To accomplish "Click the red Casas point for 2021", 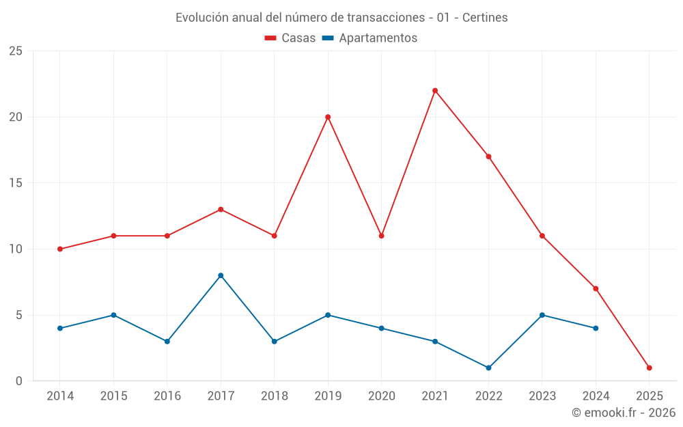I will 435,91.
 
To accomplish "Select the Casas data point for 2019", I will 328,117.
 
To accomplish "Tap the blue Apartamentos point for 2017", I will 221,275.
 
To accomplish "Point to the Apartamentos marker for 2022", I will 488,368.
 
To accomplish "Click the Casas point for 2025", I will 649,368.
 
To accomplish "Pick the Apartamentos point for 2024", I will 596,328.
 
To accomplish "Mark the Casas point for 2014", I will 60,249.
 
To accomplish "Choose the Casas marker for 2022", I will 488,156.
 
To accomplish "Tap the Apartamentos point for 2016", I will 167,341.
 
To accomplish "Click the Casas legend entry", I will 290,38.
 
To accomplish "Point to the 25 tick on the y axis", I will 15,51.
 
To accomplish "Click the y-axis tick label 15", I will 15,183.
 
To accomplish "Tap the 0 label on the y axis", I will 18,381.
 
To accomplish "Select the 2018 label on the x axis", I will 275,396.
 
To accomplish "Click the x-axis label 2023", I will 542,396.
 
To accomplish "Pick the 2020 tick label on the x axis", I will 381,396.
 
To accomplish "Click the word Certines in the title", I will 485,18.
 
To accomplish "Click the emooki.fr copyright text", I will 624,413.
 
